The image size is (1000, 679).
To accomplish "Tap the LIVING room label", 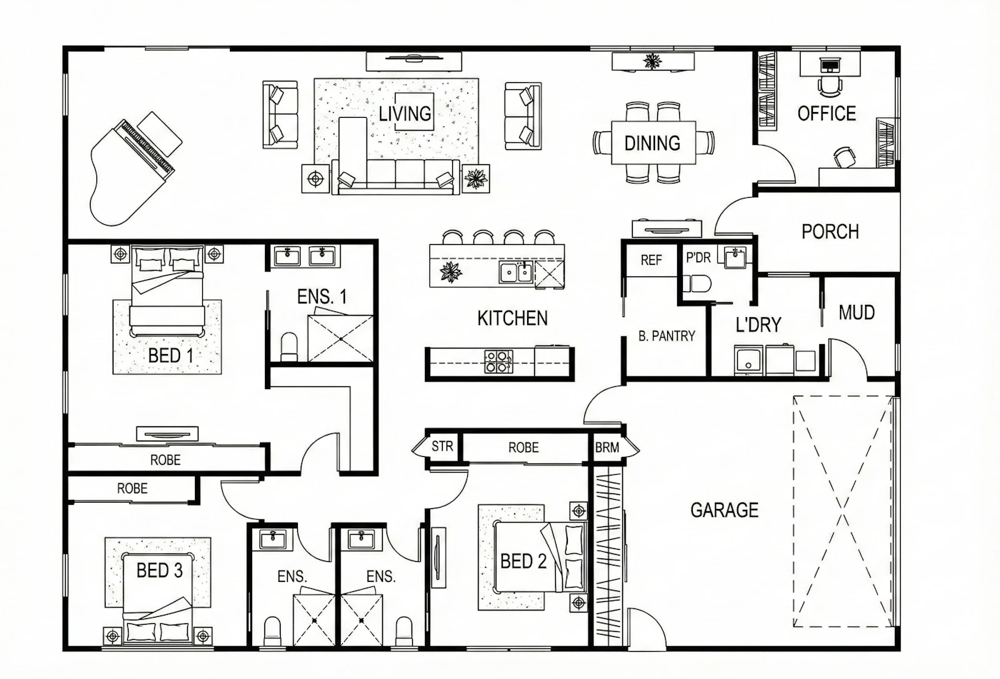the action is (x=406, y=114).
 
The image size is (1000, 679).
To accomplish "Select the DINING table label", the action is (x=652, y=144).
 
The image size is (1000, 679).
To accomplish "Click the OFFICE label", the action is (x=827, y=114).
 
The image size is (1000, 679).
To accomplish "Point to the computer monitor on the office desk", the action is (x=830, y=66).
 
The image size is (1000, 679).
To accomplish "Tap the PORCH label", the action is (x=830, y=232).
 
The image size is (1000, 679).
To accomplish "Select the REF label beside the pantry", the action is (x=651, y=260).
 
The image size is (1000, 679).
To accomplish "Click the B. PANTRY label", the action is (x=666, y=336).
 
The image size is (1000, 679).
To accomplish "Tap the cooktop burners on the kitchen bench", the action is (x=499, y=361).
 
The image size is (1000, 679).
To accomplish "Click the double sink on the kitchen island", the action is (x=516, y=273).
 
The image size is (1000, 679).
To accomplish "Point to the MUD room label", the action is (x=856, y=313).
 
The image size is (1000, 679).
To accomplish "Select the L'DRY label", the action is (x=759, y=325).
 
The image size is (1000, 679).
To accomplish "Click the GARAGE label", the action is (x=724, y=510).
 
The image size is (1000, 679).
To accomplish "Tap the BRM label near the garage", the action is (x=607, y=448).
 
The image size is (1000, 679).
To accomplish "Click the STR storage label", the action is (x=442, y=446).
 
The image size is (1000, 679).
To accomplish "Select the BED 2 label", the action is (x=523, y=561).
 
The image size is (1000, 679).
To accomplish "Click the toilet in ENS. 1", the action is (x=289, y=346).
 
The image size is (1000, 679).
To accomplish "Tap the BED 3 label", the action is (x=159, y=570).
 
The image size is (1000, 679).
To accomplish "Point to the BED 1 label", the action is (x=171, y=356).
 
